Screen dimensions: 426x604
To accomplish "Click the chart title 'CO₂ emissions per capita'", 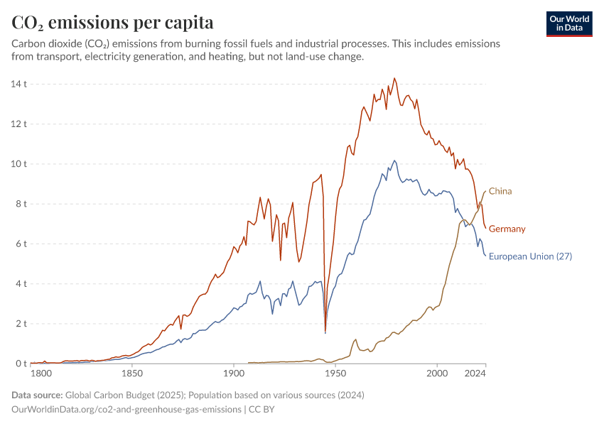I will click(x=112, y=22).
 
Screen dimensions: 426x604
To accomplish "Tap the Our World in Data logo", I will click(x=569, y=23).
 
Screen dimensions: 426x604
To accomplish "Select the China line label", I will click(x=500, y=191).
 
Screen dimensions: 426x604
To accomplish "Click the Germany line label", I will click(x=507, y=229).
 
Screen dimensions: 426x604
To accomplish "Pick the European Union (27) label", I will click(x=530, y=256).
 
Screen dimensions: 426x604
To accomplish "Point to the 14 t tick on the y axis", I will click(x=18, y=84).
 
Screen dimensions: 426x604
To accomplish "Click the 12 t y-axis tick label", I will click(x=18, y=124).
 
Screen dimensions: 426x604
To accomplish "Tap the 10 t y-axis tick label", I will click(x=18, y=164).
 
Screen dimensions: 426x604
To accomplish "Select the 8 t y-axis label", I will click(x=21, y=204).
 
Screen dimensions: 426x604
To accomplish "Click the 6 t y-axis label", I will click(x=21, y=244).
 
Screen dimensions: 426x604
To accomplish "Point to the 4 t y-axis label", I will click(x=21, y=284).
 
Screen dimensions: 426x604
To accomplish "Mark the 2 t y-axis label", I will click(x=21, y=324).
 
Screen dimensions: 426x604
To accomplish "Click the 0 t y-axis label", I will click(x=21, y=364).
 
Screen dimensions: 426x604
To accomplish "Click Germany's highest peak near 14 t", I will click(x=395, y=78).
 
